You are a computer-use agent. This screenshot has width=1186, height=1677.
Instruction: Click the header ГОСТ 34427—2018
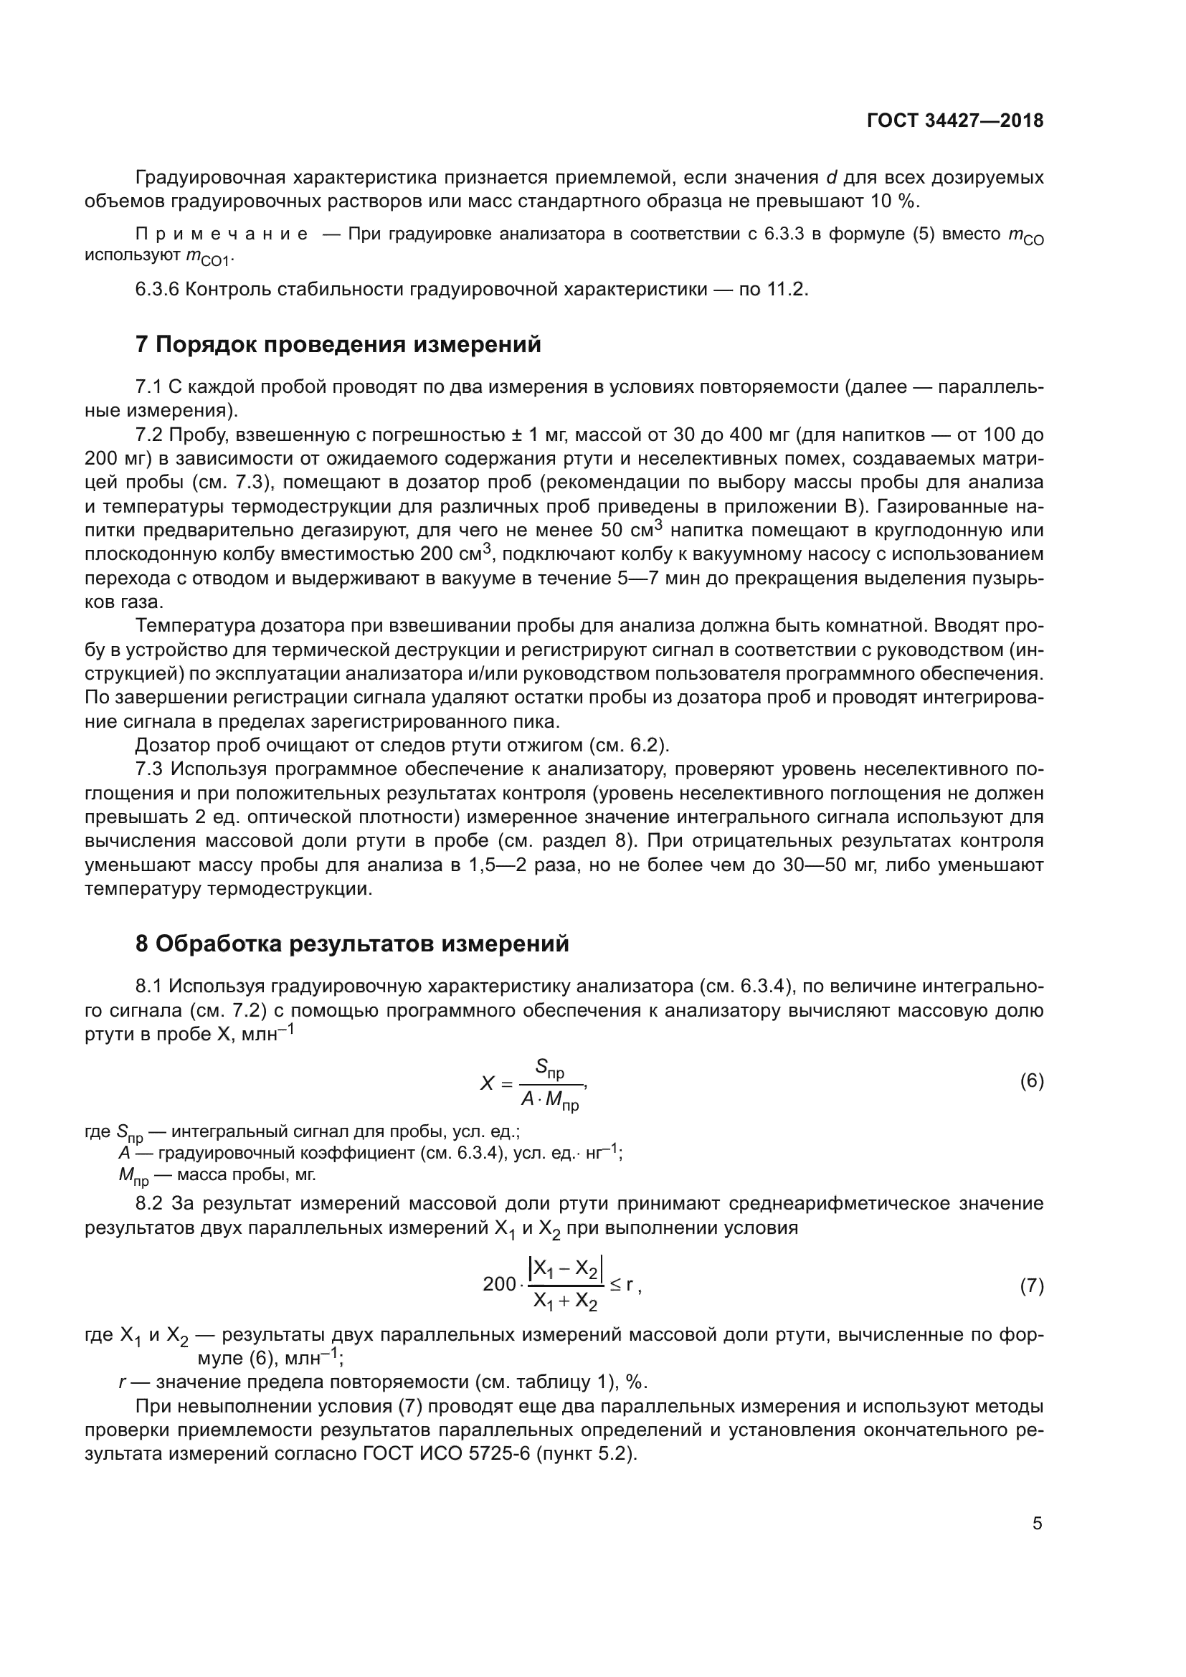point(954,121)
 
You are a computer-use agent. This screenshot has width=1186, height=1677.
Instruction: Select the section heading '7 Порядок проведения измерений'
point(338,344)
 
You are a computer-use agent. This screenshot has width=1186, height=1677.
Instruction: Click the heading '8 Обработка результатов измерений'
point(352,944)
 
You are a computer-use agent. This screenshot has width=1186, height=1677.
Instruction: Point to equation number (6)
point(1031,1081)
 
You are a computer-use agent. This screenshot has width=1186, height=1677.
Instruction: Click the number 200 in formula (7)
point(499,1285)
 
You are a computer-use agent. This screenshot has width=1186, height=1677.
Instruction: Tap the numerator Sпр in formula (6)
point(549,1068)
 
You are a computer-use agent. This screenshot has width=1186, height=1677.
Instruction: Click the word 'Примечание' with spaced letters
point(222,234)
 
